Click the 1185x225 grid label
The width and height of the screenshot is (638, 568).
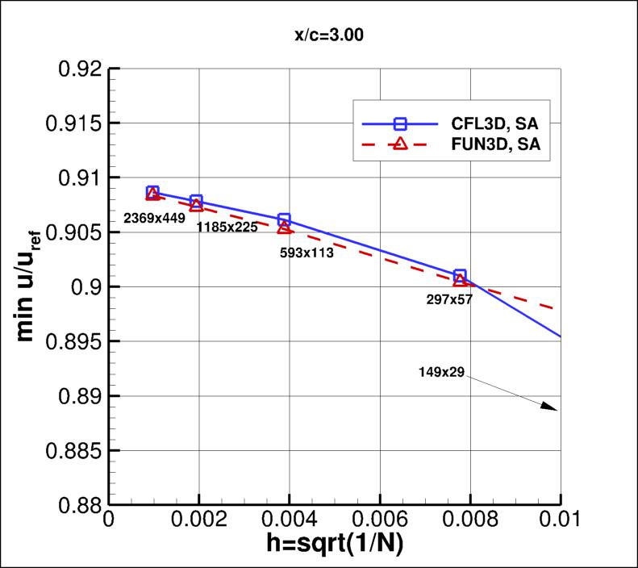[x=227, y=227]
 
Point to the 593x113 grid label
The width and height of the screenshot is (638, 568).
[x=306, y=251]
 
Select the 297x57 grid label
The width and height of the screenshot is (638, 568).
[x=448, y=299]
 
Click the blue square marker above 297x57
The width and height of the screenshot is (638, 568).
[x=460, y=276]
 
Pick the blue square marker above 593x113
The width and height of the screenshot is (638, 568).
[x=284, y=219]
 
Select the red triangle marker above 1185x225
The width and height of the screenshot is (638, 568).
[x=197, y=205]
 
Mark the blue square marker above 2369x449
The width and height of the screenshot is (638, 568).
[x=152, y=192]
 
